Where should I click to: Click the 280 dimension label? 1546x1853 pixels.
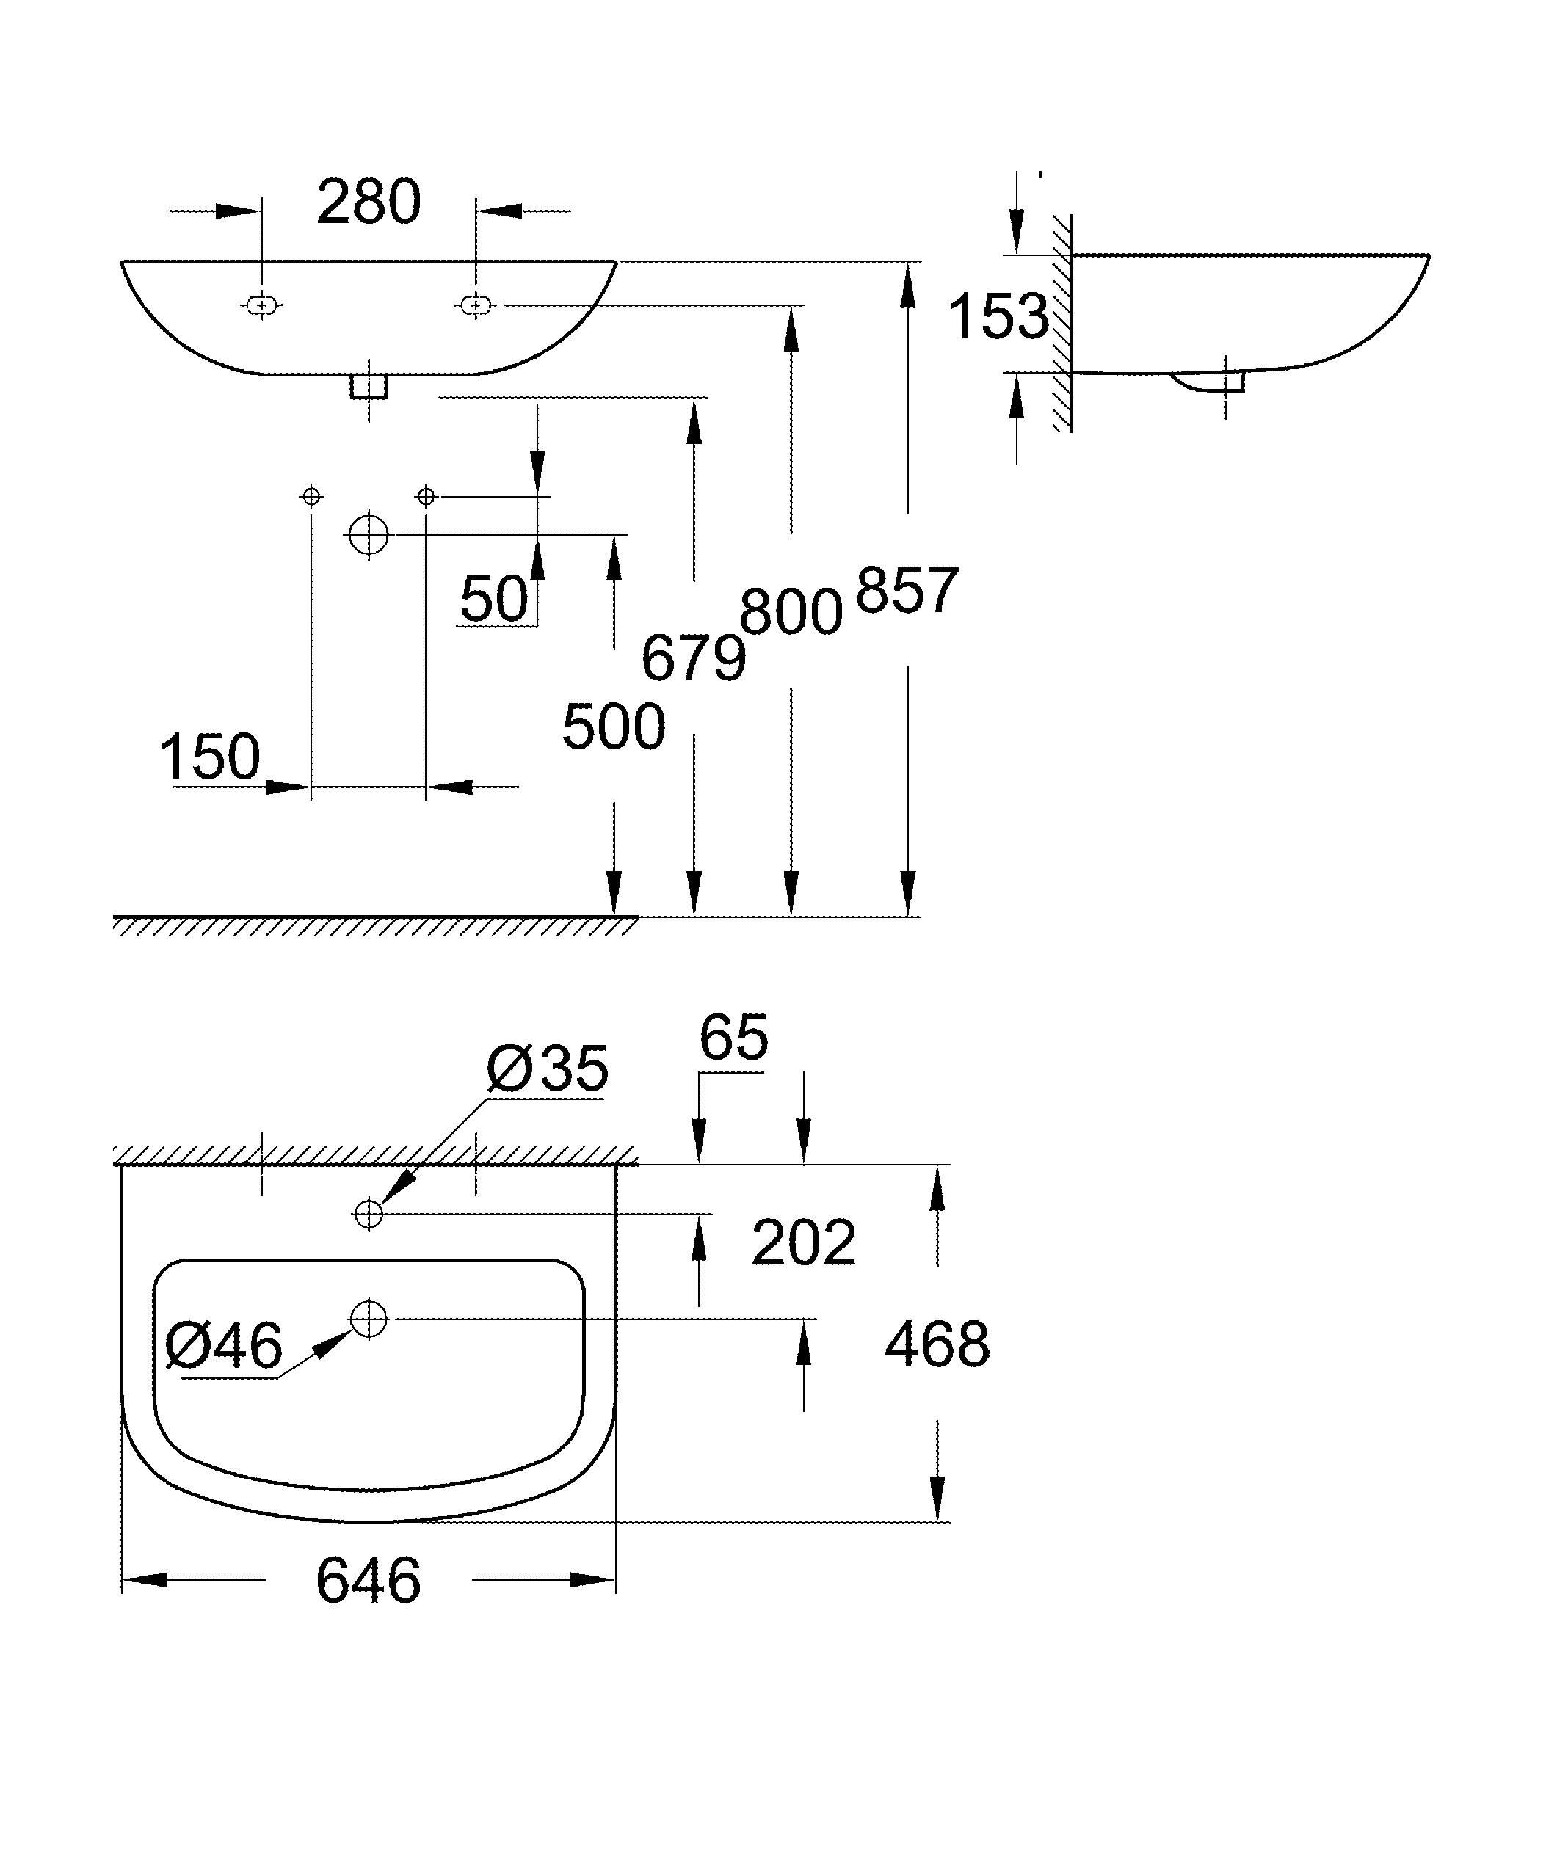click(x=368, y=203)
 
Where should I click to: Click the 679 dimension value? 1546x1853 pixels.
click(x=693, y=658)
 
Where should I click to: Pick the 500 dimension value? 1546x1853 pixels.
click(x=613, y=727)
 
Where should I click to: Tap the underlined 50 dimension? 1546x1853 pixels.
click(x=494, y=600)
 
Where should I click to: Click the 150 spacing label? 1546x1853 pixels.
click(x=210, y=757)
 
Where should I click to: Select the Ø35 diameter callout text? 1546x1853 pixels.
click(x=547, y=1069)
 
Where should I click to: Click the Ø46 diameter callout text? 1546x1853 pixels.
click(x=224, y=1347)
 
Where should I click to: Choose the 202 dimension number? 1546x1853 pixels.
click(x=803, y=1243)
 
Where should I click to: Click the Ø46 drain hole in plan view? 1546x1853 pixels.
click(x=369, y=1319)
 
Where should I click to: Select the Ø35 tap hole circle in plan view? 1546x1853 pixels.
click(x=369, y=1214)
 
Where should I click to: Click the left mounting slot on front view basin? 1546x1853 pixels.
click(x=261, y=305)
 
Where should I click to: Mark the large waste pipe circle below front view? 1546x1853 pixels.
click(x=369, y=534)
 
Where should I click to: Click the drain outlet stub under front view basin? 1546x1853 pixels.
click(x=369, y=387)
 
